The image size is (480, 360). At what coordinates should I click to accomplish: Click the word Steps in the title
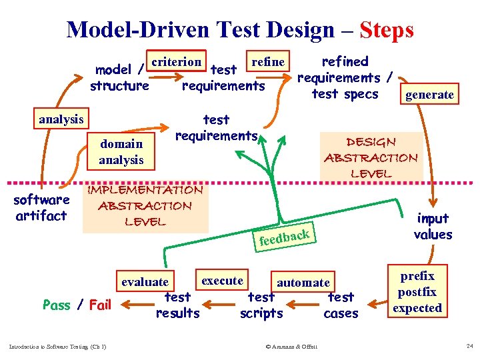click(x=386, y=30)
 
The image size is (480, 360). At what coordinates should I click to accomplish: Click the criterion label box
click(x=177, y=62)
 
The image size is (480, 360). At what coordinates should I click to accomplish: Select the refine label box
click(x=268, y=62)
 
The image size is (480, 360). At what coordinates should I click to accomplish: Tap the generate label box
click(x=430, y=95)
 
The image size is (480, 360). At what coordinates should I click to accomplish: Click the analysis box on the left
click(x=61, y=119)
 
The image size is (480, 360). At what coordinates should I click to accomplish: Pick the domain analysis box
click(x=121, y=151)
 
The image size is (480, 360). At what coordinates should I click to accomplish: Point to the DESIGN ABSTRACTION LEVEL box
click(x=371, y=157)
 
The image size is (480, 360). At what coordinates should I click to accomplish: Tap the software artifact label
click(x=41, y=207)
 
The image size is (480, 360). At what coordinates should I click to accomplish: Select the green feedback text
click(x=284, y=237)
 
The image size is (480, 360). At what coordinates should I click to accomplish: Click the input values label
click(x=433, y=226)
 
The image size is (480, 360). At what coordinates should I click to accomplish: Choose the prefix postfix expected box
click(x=417, y=292)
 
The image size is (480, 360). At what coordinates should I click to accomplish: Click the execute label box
click(x=222, y=280)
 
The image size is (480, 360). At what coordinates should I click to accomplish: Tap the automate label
click(x=303, y=283)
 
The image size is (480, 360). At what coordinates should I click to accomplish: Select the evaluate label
click(x=145, y=282)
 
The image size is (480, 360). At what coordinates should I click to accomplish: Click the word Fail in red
click(x=100, y=305)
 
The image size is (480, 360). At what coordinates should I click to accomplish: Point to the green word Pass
click(x=56, y=305)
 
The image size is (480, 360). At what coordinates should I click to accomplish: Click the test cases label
click(x=341, y=305)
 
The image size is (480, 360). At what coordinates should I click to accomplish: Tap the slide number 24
click(x=470, y=346)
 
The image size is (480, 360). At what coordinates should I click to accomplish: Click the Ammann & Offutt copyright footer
click(x=291, y=346)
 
